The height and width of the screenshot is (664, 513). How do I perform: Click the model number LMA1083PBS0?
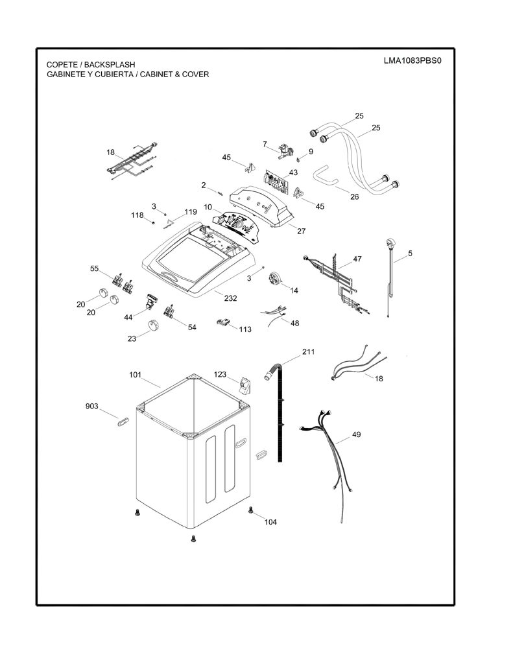pyautogui.click(x=412, y=60)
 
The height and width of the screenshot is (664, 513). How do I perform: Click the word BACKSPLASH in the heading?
pyautogui.click(x=110, y=65)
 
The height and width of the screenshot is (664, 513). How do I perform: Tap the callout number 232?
pyautogui.click(x=230, y=298)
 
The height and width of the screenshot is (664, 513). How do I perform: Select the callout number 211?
pyautogui.click(x=309, y=351)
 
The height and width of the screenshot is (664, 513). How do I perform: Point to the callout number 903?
pyautogui.click(x=92, y=406)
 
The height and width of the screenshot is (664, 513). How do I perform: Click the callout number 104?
pyautogui.click(x=270, y=522)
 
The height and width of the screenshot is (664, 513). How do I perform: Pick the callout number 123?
pyautogui.click(x=221, y=374)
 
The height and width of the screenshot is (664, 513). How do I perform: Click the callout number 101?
pyautogui.click(x=135, y=375)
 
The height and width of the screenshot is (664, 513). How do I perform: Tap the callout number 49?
pyautogui.click(x=356, y=434)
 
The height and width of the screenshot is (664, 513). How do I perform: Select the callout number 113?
pyautogui.click(x=245, y=329)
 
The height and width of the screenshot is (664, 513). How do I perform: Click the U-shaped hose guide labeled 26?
pyautogui.click(x=326, y=174)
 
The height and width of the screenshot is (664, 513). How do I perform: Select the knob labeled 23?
pyautogui.click(x=153, y=326)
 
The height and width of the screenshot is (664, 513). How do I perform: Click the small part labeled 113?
pyautogui.click(x=222, y=323)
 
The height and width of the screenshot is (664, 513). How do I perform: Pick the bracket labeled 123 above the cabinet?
pyautogui.click(x=244, y=386)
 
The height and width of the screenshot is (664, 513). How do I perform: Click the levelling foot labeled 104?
pyautogui.click(x=250, y=510)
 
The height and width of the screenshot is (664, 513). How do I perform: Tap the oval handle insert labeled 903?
pyautogui.click(x=123, y=421)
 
